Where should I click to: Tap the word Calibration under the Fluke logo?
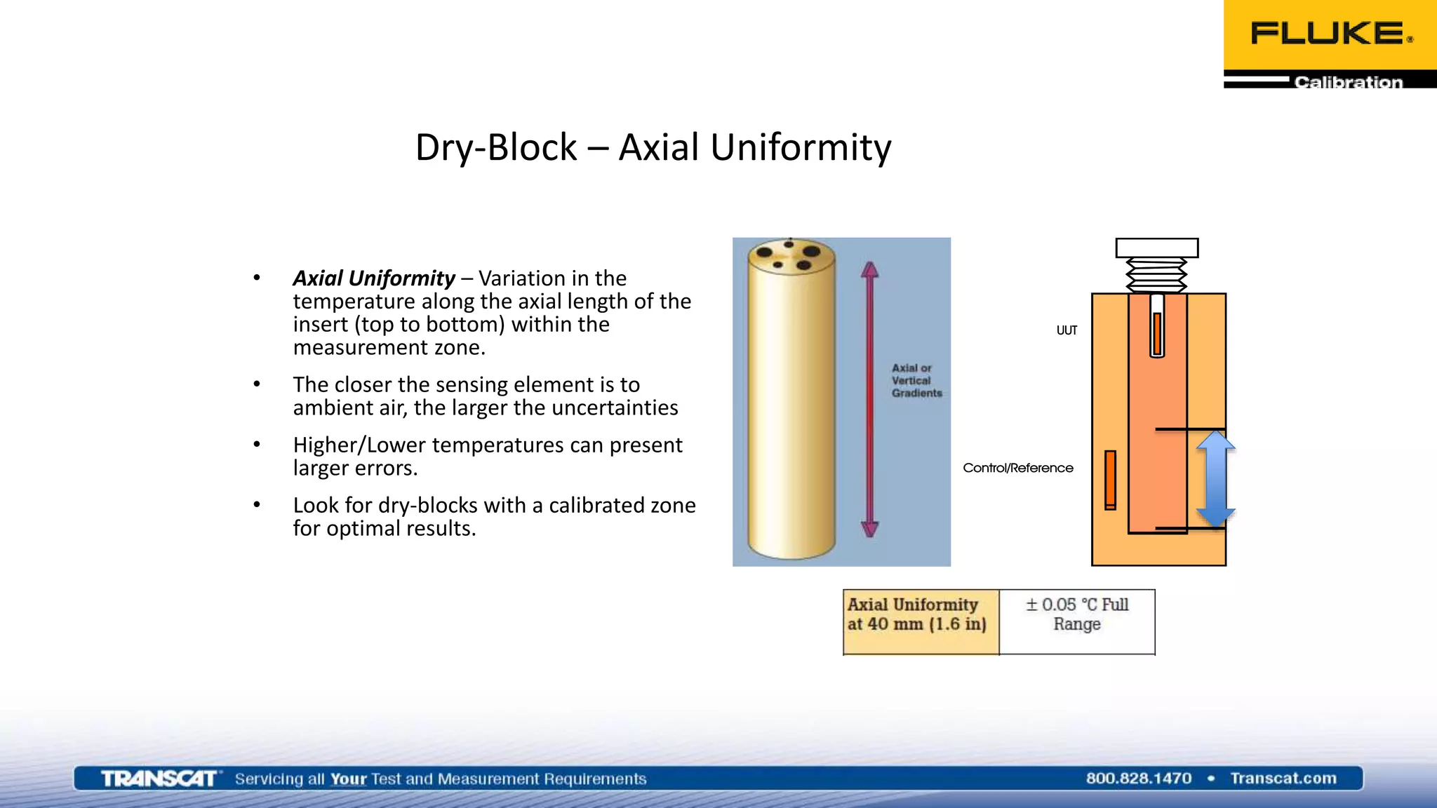[x=1348, y=82]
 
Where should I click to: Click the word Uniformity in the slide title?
[x=801, y=147]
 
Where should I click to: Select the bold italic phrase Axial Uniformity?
[x=374, y=278]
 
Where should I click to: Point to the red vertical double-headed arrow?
[x=870, y=400]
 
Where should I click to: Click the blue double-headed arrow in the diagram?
[x=1215, y=480]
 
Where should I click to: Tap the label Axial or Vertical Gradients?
[x=916, y=380]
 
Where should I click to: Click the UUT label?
[x=1067, y=330]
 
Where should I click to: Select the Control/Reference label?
[x=1017, y=468]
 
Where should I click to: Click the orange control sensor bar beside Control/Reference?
[x=1110, y=480]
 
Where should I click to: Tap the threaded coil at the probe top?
[x=1156, y=275]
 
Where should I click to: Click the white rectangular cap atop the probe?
[x=1156, y=248]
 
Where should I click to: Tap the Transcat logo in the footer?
[x=159, y=779]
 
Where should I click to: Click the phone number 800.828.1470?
[x=1138, y=778]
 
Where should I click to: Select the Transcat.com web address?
[x=1283, y=778]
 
